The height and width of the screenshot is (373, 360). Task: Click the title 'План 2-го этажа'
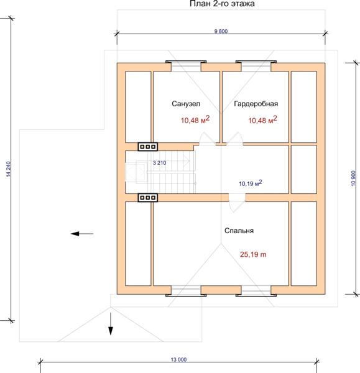tap(222, 4)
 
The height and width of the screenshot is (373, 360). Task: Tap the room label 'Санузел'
tap(186, 104)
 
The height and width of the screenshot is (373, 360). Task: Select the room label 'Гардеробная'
tap(256, 104)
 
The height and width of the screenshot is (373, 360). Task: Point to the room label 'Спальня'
tap(239, 231)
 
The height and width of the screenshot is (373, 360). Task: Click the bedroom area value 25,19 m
tap(253, 254)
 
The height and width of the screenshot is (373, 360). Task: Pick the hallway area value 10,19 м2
tap(251, 183)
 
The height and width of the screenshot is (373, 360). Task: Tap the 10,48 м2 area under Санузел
tap(195, 119)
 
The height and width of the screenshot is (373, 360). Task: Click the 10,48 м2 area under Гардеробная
tap(262, 119)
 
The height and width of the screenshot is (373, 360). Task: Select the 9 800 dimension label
tap(221, 31)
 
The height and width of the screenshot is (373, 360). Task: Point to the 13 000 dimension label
tap(178, 359)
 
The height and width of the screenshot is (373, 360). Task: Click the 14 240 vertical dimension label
tap(8, 169)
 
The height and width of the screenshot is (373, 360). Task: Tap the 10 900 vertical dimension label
tap(353, 178)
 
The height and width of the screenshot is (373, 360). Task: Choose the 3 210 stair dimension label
tap(159, 163)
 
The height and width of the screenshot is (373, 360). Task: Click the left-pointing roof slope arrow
tap(82, 234)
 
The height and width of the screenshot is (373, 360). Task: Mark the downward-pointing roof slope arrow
tap(111, 324)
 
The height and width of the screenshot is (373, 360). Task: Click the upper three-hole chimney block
tap(148, 147)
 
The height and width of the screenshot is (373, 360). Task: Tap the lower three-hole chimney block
tap(148, 198)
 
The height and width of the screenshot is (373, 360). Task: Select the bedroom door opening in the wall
tap(237, 198)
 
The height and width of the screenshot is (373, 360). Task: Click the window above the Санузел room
tap(186, 66)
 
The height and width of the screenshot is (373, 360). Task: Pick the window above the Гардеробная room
tap(256, 66)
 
